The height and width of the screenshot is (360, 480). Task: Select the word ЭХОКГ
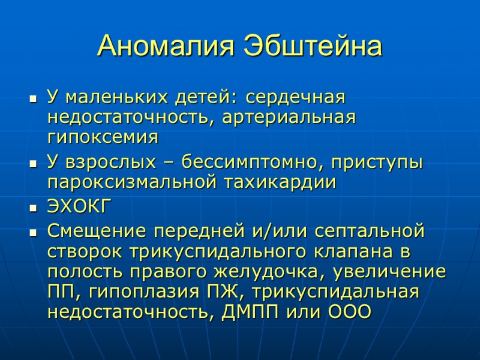point(79,207)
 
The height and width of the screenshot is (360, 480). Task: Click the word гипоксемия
point(102,137)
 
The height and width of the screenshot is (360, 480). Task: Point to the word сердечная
point(296,96)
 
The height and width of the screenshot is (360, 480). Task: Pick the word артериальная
point(289,116)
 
